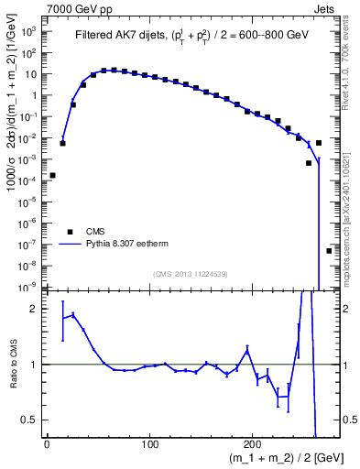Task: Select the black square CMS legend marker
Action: point(68,232)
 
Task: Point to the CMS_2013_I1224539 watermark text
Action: point(189,273)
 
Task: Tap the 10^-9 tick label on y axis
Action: point(27,287)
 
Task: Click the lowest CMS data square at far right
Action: point(329,250)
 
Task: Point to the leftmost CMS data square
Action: point(52,175)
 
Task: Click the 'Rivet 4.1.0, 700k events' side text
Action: point(350,60)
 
